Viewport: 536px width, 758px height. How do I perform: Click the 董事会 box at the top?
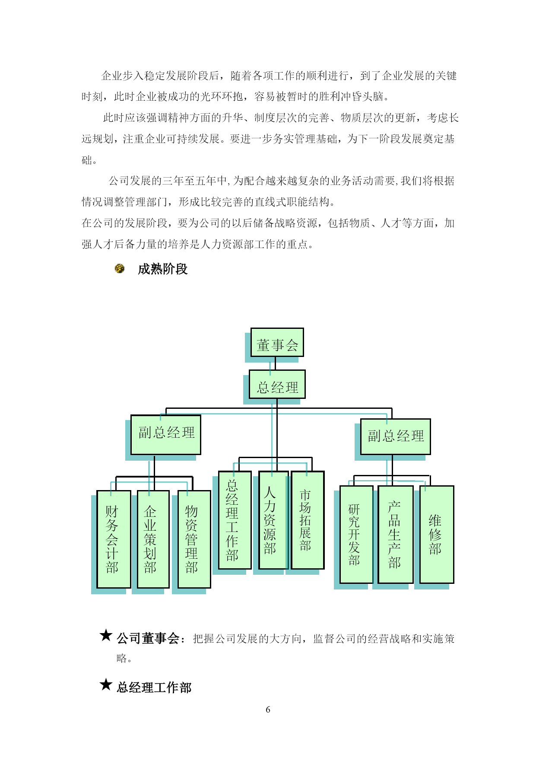click(x=277, y=343)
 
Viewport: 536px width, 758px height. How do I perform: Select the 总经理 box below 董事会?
click(x=277, y=384)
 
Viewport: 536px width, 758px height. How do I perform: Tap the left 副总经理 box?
click(x=166, y=435)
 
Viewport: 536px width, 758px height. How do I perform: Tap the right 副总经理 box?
click(x=396, y=436)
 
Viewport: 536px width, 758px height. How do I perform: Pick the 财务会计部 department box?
click(x=114, y=539)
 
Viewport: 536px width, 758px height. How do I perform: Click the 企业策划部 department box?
click(x=153, y=539)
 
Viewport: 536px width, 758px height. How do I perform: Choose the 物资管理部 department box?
click(x=194, y=539)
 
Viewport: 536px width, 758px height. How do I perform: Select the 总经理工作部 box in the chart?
click(x=235, y=520)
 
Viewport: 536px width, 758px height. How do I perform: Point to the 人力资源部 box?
click(x=273, y=520)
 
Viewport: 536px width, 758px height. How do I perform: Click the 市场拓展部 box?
click(x=308, y=520)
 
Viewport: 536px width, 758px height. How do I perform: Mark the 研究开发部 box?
click(x=356, y=535)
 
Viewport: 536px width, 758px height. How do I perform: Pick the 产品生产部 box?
click(x=396, y=535)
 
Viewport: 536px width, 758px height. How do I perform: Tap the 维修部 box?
click(x=437, y=535)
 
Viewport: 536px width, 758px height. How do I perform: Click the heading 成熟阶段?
click(x=163, y=269)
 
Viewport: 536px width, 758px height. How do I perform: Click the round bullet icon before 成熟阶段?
click(x=120, y=269)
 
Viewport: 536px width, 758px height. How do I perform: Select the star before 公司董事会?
click(x=106, y=635)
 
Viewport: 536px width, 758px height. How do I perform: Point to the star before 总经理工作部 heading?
click(x=106, y=685)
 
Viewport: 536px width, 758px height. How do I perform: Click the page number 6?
click(x=268, y=710)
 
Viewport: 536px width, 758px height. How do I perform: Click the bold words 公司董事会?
click(x=148, y=638)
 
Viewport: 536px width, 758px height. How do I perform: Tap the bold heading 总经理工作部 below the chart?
click(x=154, y=688)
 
